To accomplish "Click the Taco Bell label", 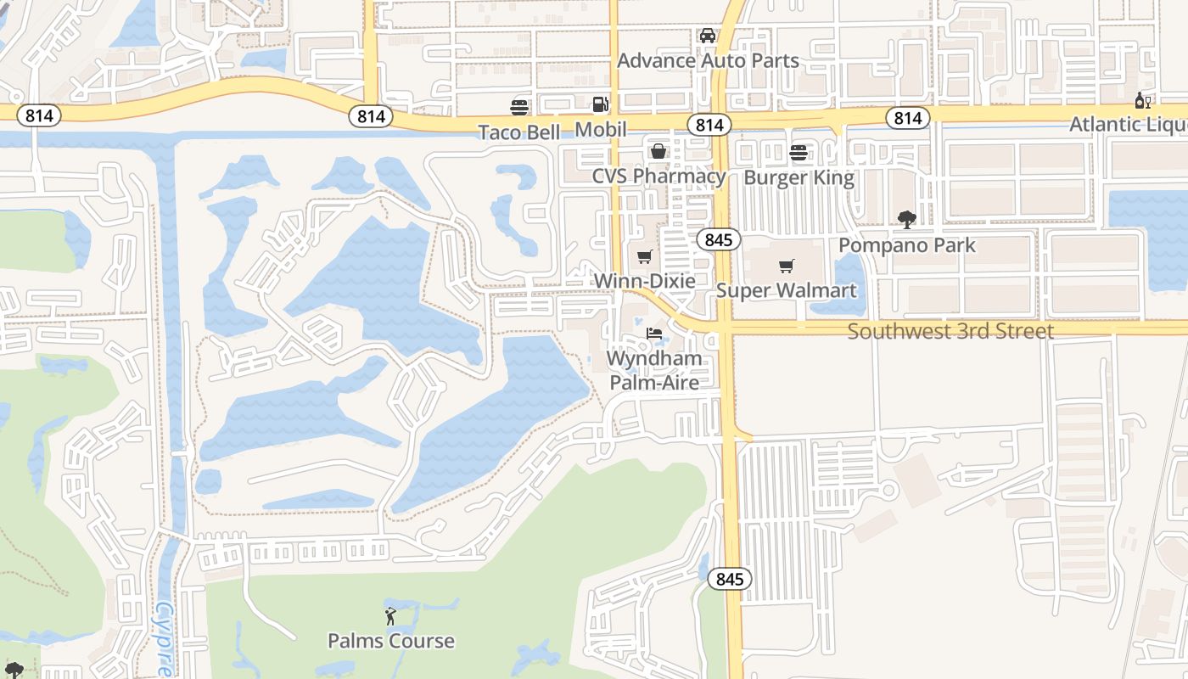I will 519,132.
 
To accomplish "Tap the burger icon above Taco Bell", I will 519,108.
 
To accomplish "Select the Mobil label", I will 601,130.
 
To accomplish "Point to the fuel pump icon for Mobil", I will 600,104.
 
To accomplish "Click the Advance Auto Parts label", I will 708,60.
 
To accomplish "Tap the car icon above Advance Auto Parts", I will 708,36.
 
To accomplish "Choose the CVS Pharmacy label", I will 658,177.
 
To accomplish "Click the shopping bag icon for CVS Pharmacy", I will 658,151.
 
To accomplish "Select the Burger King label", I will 799,178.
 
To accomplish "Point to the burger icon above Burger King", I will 799,153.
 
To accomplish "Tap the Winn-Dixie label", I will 644,281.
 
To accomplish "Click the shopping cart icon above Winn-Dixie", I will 644,256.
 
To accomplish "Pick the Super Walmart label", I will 787,290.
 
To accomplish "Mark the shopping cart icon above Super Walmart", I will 787,267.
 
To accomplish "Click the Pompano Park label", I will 907,245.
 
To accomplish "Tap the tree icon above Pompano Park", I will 907,220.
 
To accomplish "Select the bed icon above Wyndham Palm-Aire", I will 654,334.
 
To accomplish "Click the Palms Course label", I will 391,641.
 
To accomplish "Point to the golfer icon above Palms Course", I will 390,616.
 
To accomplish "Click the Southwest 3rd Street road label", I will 950,331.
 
